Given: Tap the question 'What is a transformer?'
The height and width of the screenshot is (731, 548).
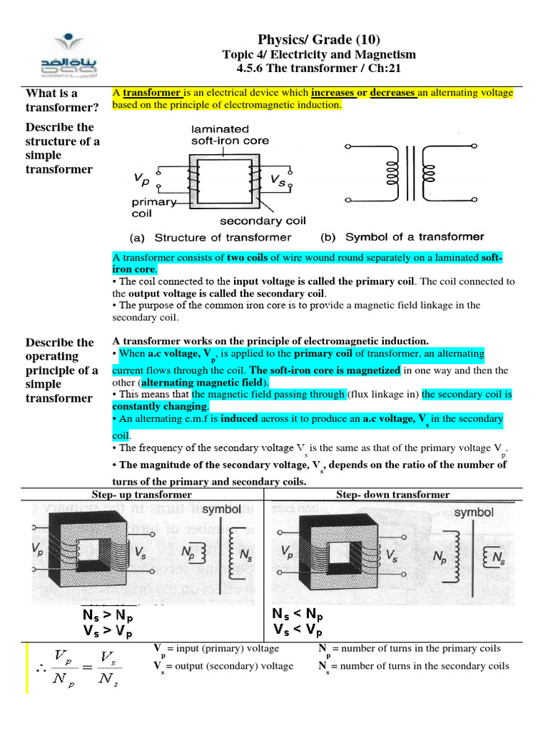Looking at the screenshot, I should (52, 100).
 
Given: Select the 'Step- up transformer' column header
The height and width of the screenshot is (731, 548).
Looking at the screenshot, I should (142, 495).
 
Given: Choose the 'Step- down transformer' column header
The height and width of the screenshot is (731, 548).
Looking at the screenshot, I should (393, 495).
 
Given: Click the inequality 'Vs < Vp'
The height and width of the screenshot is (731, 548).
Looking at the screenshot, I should (298, 630).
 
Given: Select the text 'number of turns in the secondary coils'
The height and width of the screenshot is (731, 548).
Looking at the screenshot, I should (420, 666).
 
